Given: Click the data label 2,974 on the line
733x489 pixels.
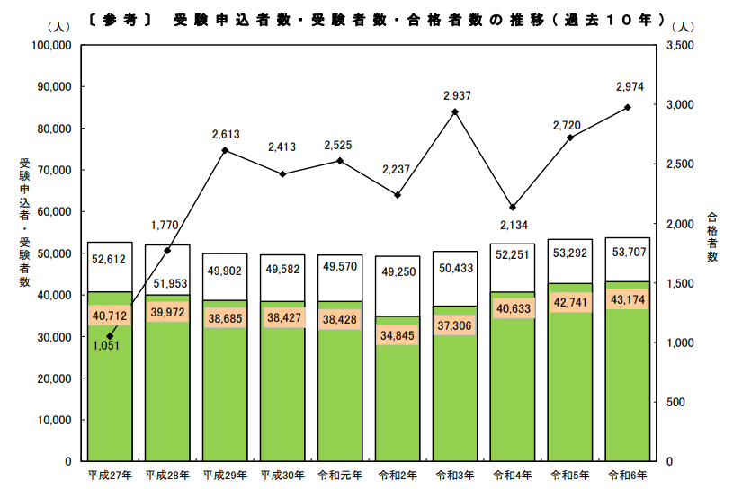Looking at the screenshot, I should (629, 87).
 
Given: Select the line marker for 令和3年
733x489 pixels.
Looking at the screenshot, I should (455, 112).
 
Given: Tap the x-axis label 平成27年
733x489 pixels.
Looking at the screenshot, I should (110, 474).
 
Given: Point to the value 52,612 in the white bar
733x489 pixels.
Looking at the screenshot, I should (110, 260).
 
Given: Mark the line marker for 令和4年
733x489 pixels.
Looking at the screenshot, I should (513, 208).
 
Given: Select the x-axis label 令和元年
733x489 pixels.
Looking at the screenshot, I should (340, 474).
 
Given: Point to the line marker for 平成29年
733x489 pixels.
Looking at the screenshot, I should (225, 150).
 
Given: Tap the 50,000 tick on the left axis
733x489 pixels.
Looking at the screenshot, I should (55, 253).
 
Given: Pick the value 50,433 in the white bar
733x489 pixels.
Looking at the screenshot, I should (455, 268).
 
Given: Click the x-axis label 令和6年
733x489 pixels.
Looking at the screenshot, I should (628, 474).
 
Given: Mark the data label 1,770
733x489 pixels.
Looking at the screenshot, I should (167, 225).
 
